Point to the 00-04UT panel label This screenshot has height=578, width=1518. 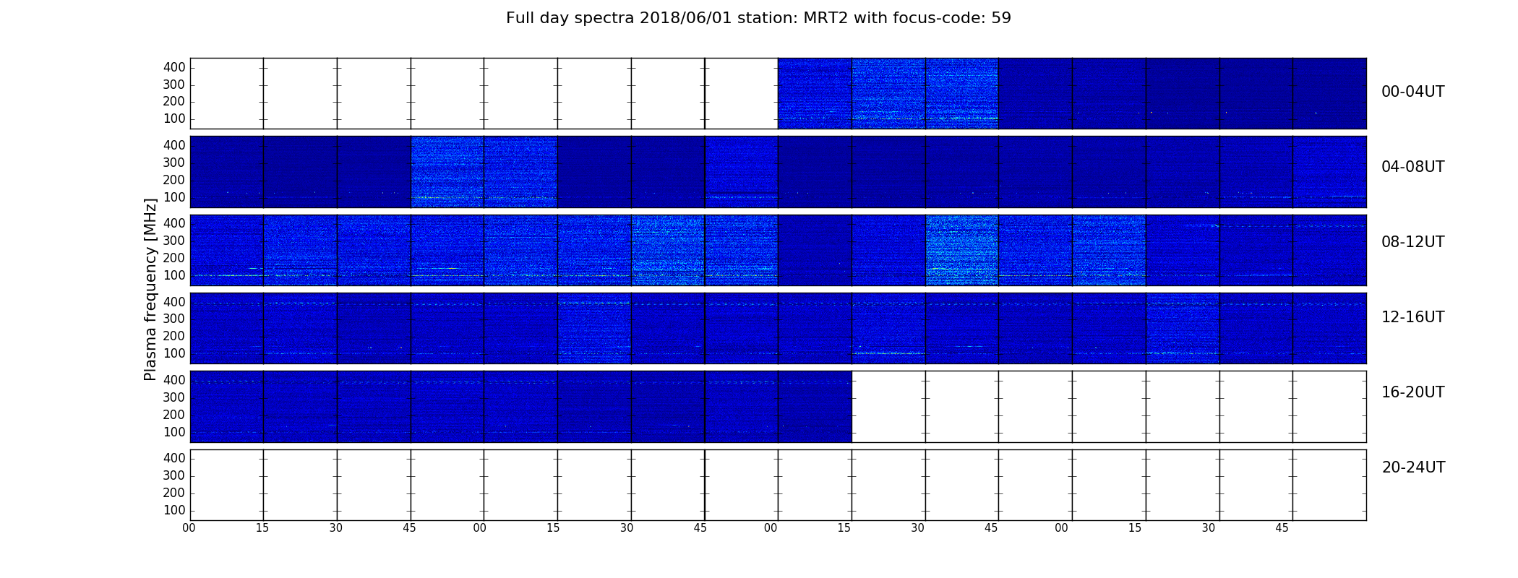[1413, 92]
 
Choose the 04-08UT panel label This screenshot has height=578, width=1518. [1413, 167]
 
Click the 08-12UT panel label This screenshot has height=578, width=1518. [1413, 242]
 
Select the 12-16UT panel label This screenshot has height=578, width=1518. [1413, 317]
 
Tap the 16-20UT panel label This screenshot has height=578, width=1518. [1413, 392]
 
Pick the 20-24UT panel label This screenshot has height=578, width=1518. [1413, 467]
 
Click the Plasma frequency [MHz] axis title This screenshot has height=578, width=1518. [150, 289]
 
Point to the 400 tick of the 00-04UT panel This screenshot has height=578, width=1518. [174, 67]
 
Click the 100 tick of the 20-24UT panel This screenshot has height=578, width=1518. [174, 510]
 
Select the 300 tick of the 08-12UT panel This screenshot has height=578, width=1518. [174, 241]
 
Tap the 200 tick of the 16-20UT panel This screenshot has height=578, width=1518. [174, 415]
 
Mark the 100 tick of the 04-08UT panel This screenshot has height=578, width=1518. [174, 197]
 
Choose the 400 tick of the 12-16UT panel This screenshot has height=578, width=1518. [174, 302]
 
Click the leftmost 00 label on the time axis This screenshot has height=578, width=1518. [189, 528]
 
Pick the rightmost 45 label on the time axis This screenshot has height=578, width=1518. [1282, 528]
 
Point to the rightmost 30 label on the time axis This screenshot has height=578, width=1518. [1209, 528]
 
